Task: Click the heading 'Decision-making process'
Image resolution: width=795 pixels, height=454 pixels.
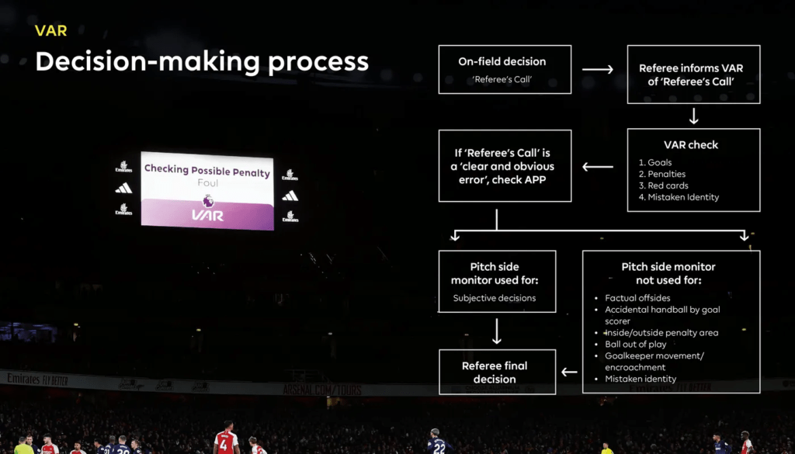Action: click(202, 62)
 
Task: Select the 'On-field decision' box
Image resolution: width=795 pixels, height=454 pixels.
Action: click(505, 69)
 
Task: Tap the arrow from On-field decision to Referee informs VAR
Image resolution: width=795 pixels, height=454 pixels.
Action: click(598, 70)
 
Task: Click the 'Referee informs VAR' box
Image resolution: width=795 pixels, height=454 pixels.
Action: click(693, 75)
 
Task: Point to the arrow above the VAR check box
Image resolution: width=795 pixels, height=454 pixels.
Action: click(693, 116)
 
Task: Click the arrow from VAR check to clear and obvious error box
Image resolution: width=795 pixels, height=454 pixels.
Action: click(598, 166)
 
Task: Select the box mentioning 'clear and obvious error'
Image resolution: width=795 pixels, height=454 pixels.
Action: click(505, 165)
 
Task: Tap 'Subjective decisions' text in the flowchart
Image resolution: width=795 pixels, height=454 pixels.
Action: click(495, 298)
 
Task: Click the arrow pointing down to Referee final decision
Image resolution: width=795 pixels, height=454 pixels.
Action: click(497, 331)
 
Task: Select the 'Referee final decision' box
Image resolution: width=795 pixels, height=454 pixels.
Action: click(497, 373)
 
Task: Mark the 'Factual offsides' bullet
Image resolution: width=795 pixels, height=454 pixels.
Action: click(637, 298)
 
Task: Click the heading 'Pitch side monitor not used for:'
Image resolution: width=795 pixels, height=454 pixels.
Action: click(668, 273)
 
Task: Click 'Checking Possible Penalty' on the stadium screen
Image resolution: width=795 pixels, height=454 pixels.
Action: click(207, 171)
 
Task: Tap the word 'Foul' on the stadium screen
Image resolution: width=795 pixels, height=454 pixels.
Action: click(207, 183)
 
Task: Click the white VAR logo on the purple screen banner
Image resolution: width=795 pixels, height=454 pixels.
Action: click(207, 215)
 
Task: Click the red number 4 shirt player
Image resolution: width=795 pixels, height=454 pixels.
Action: click(225, 442)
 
